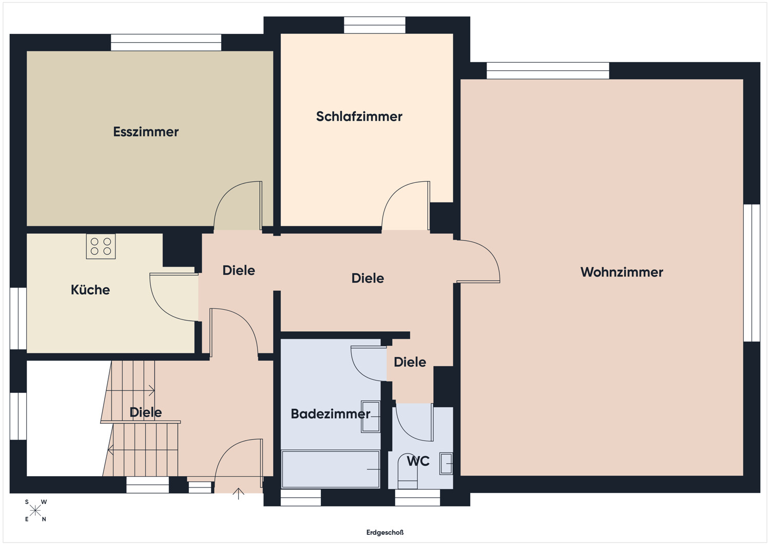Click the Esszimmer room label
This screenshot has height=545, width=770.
pos(146,132)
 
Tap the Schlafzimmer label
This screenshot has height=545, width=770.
pos(359,117)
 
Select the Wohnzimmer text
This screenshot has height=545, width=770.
pos(622,272)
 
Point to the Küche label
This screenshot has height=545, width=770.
pos(90,290)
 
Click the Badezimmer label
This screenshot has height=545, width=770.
pos(331,414)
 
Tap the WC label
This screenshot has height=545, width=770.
pos(418,461)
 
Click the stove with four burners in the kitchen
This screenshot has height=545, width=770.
pos(101,247)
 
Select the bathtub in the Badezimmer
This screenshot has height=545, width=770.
pos(331,469)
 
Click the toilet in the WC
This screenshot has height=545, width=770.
pos(408,472)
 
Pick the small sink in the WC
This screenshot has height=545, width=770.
pos(446,464)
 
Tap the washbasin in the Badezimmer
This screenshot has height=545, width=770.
pos(370,417)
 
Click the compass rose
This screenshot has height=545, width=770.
pos(35,511)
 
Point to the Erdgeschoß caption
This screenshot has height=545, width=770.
pos(384,533)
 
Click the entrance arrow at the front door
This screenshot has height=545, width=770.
pos(238,494)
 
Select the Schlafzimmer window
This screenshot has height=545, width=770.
pos(375,25)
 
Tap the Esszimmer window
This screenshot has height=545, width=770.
pos(166,42)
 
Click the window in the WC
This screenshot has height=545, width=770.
pos(417,498)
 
